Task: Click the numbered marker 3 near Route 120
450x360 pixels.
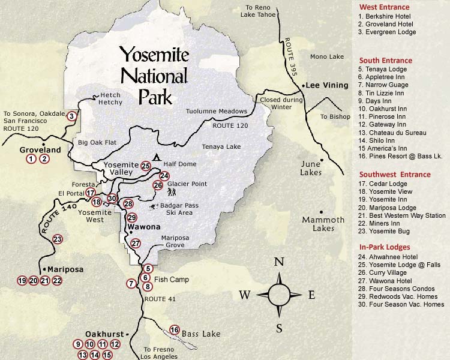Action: pos(71,116)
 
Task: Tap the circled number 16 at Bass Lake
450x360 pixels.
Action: pos(175,329)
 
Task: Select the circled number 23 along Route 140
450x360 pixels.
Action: pos(58,239)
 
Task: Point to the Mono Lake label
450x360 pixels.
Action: pos(327,57)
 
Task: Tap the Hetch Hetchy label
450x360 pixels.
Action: pos(110,99)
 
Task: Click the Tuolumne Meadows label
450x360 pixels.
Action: pos(217,112)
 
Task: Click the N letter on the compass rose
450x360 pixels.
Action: pos(278,262)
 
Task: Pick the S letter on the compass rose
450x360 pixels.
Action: pos(279,328)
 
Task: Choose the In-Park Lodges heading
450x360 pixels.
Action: pos(385,247)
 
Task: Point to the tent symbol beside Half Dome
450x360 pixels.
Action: pos(156,158)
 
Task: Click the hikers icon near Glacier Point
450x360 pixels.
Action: pos(173,193)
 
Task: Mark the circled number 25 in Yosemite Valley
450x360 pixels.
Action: pos(146,166)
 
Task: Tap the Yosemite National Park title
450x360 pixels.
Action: pos(155,76)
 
